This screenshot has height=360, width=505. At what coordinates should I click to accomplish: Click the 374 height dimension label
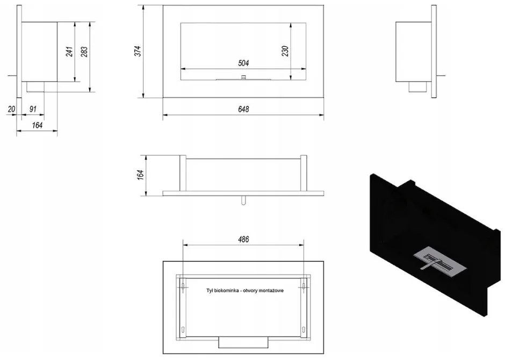(x=138, y=51)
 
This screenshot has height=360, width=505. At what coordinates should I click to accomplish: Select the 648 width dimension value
(x=243, y=110)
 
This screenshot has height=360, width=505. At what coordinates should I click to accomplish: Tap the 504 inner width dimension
(x=243, y=63)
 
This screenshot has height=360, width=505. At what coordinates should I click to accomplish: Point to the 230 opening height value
(x=285, y=51)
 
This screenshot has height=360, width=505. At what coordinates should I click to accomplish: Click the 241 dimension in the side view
(x=69, y=52)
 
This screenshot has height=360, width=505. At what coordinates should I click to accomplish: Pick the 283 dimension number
(x=84, y=52)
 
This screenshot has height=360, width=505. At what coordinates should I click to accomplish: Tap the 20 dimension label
(x=12, y=109)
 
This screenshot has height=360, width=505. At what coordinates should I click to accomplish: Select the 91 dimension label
(x=33, y=109)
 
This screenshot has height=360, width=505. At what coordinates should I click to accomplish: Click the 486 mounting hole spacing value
(x=243, y=240)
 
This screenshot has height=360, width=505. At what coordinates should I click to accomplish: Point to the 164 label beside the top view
(x=140, y=175)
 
